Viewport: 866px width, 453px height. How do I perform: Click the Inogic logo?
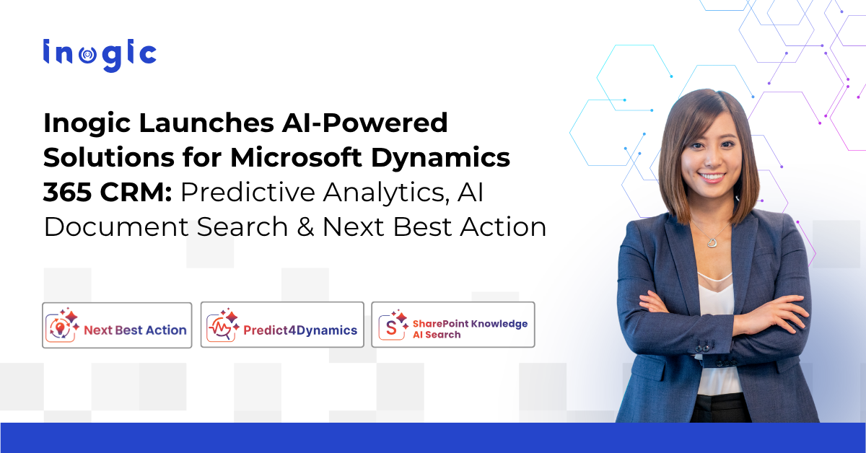100,55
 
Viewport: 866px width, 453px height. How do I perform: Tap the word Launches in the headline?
206,123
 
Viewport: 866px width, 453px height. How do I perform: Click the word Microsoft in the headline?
296,157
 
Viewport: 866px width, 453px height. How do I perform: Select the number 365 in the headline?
68,192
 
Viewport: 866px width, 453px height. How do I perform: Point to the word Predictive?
248,192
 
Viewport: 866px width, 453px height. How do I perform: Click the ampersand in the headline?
305,227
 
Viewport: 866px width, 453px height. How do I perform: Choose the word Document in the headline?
116,227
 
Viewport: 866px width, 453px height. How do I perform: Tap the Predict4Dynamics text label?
300,330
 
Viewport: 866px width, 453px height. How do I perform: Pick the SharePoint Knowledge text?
470,323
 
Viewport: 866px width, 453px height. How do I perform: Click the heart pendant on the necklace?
712,242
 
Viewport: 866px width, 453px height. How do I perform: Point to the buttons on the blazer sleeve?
701,347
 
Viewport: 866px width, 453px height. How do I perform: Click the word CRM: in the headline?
136,192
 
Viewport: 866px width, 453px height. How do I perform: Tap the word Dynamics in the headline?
441,157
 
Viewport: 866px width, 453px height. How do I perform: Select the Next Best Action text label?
136,330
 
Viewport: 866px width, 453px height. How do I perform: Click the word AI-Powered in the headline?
364,123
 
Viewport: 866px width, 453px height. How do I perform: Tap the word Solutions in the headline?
109,157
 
